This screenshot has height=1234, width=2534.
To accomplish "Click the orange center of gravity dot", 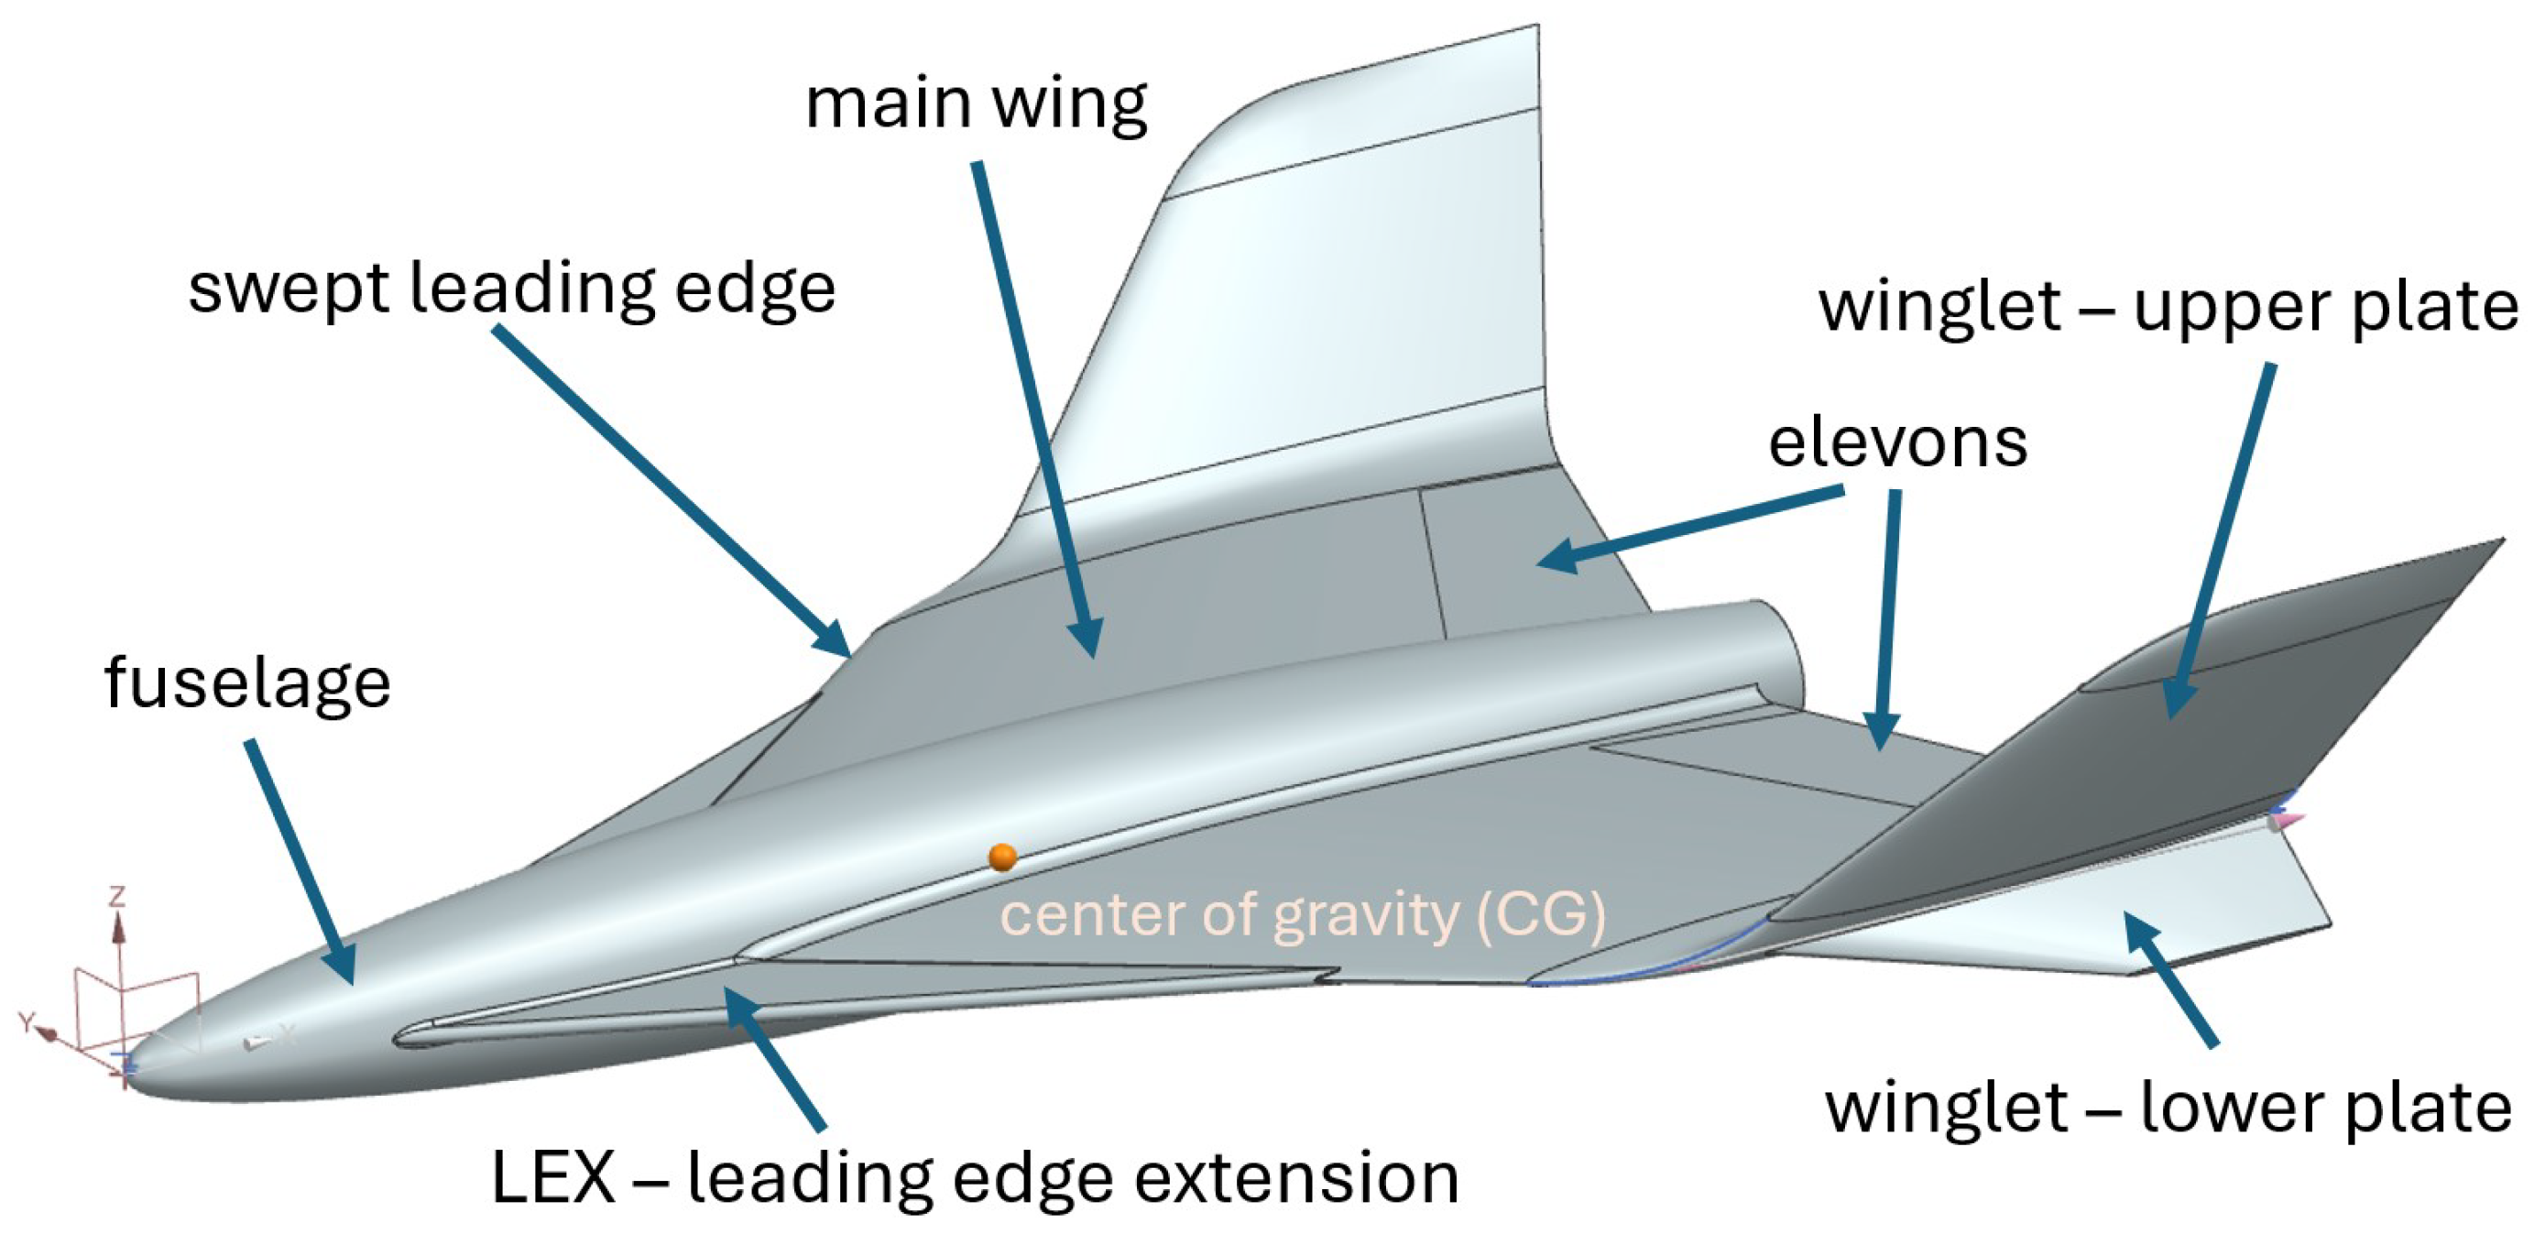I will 1002,857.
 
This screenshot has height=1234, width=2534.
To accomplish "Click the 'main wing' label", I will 976,104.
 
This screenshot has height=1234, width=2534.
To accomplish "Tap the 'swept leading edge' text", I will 511,289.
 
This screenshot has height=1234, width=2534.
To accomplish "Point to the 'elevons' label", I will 1897,442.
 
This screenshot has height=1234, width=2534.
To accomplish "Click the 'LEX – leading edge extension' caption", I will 974,1177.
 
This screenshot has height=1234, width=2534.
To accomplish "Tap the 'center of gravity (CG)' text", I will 1303,915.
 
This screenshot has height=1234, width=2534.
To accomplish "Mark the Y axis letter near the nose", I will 27,1022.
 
